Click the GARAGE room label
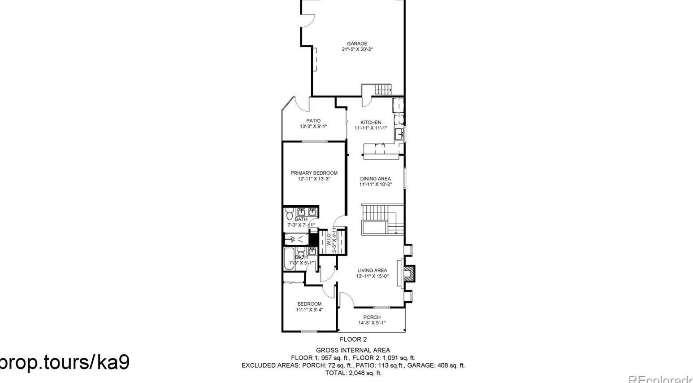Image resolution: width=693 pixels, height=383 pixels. [357, 44]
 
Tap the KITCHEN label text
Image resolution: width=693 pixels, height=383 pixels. [371, 122]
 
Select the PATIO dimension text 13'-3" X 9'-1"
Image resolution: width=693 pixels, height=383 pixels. [313, 127]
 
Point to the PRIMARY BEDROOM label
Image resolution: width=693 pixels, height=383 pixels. [314, 173]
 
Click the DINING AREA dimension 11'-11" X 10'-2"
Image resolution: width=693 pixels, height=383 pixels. [375, 184]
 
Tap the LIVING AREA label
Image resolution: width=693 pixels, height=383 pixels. [372, 270]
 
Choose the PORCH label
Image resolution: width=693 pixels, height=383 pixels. [372, 317]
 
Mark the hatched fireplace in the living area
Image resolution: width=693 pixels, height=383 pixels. [409, 273]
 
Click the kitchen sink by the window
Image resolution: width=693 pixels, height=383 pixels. [399, 134]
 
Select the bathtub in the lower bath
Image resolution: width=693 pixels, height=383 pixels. [288, 260]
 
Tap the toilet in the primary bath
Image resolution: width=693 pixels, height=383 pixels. [289, 214]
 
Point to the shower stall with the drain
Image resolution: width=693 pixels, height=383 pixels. [296, 239]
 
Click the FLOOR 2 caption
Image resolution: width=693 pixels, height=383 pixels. [353, 339]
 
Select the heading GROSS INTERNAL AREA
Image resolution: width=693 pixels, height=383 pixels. [353, 350]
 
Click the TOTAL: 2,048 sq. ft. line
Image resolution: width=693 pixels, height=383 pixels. [353, 373]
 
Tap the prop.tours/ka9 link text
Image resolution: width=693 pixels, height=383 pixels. [65, 362]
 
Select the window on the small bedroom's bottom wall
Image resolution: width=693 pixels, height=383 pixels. [309, 331]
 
